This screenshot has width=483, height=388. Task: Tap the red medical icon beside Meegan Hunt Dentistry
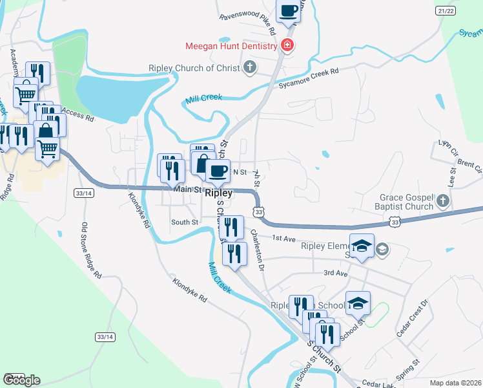(287, 46)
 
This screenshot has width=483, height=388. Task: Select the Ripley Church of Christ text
(194, 67)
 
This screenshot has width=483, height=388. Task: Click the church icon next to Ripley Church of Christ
(249, 67)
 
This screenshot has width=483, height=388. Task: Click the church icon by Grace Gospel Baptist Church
(442, 201)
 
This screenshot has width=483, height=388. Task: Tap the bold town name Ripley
(218, 193)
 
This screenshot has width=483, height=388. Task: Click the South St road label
(184, 222)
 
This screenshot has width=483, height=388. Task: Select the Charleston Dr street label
(258, 250)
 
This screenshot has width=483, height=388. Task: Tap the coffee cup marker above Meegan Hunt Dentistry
(289, 10)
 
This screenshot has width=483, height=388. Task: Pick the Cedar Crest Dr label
(414, 317)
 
